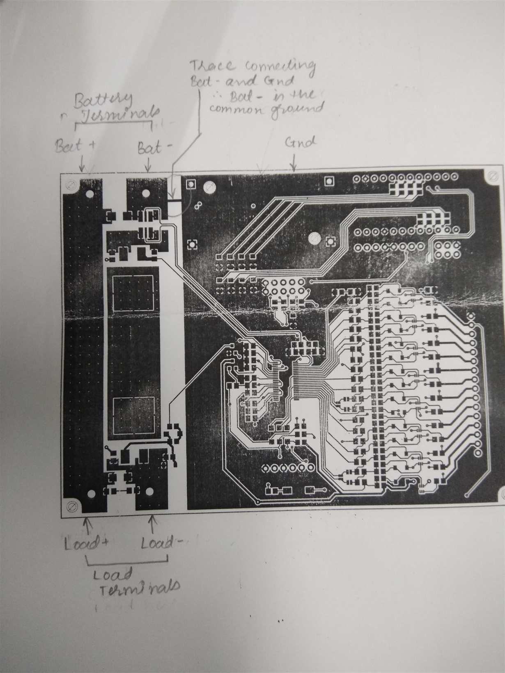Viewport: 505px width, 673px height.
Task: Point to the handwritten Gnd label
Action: click(x=301, y=142)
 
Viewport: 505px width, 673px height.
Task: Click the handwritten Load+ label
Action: click(x=86, y=544)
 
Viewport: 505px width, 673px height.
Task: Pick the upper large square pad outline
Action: click(x=133, y=292)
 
